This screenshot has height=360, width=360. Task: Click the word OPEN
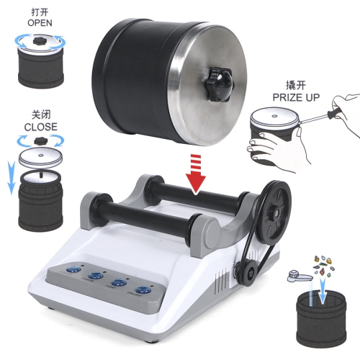pyautogui.click(x=40, y=23)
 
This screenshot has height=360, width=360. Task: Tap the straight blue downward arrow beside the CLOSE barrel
pyautogui.click(x=11, y=176)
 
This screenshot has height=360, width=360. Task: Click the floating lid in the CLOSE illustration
pyautogui.click(x=40, y=158)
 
